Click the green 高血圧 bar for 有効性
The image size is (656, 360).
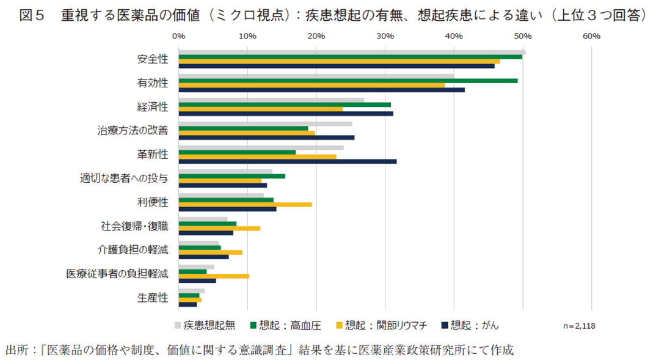point(348,81)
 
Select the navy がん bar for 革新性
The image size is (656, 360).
point(287,161)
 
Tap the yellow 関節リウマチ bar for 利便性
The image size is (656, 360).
point(245,204)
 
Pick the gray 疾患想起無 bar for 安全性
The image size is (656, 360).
point(351,52)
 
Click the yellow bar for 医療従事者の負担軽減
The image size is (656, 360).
point(214,276)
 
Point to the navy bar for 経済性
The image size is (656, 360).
point(285,114)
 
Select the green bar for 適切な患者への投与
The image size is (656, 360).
point(231,176)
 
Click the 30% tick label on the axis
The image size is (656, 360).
point(385,36)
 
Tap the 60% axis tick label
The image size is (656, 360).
point(591,36)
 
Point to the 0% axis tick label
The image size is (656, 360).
point(178,36)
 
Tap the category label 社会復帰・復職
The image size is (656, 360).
point(134,226)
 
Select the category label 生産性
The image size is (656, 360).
point(152,298)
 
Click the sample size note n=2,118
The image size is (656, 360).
point(578,326)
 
